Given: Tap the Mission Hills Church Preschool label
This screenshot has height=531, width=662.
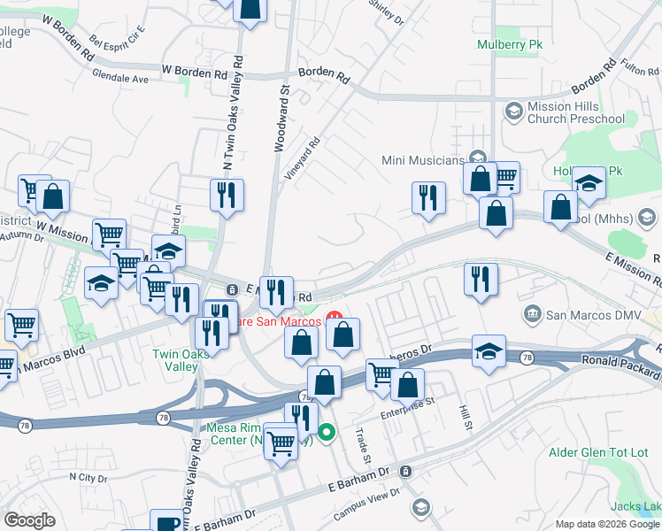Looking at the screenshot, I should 575,112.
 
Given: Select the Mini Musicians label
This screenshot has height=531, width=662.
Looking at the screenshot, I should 422,160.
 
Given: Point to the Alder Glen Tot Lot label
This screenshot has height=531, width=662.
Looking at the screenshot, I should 600,452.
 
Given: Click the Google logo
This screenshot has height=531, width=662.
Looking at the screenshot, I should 29,520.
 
